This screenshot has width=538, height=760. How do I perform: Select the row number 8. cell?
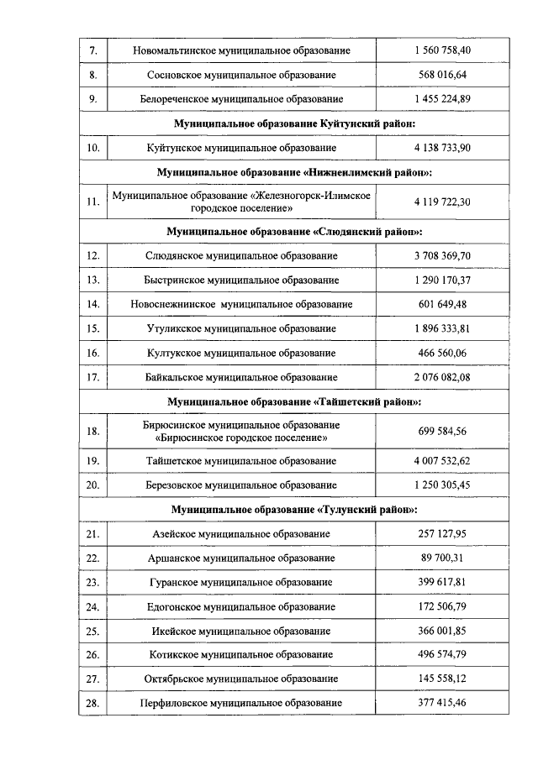click(93, 75)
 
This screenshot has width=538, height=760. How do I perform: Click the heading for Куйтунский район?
click(294, 123)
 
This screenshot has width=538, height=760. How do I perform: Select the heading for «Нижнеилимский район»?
click(294, 172)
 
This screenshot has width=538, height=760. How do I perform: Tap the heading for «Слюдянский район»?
click(294, 230)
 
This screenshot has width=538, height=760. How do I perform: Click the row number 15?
click(93, 328)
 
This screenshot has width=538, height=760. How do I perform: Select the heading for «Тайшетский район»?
click(294, 401)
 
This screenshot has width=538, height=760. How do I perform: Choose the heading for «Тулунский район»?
click(294, 509)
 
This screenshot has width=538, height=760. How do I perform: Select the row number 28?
click(93, 703)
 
